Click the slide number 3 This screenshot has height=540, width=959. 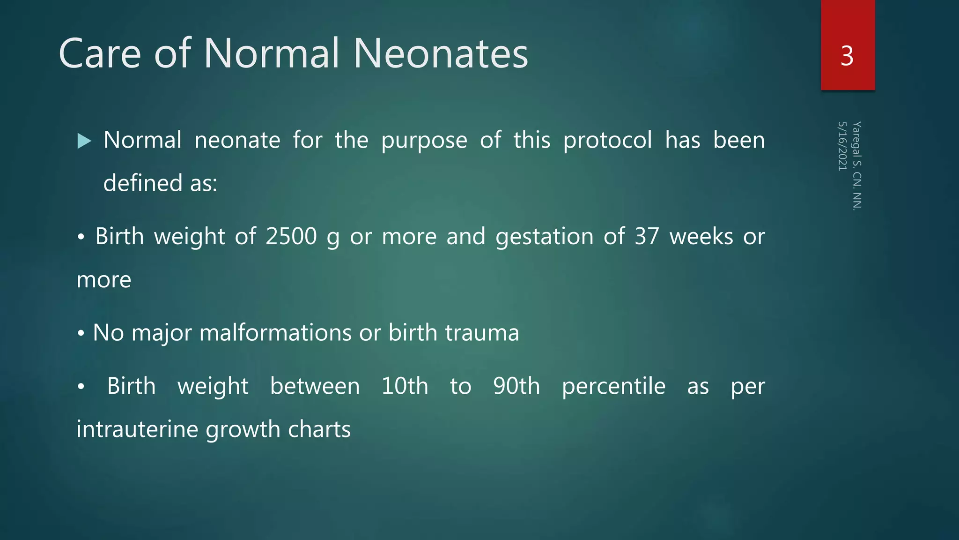[x=847, y=56]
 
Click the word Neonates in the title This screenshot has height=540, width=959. [x=440, y=54]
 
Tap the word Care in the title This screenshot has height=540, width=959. [x=100, y=54]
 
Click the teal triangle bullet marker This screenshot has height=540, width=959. [x=84, y=141]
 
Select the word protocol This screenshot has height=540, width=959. [x=607, y=140]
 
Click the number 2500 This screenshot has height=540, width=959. [x=291, y=236]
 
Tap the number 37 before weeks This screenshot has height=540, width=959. [x=647, y=236]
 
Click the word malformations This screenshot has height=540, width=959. [x=275, y=333]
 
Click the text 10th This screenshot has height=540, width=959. [x=405, y=386]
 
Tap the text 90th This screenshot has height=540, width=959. [x=516, y=386]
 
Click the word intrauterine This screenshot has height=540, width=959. [x=137, y=429]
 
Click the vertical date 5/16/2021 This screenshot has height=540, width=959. [x=842, y=146]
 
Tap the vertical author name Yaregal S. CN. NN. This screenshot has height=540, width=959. [x=857, y=166]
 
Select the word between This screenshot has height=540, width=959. [x=315, y=386]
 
